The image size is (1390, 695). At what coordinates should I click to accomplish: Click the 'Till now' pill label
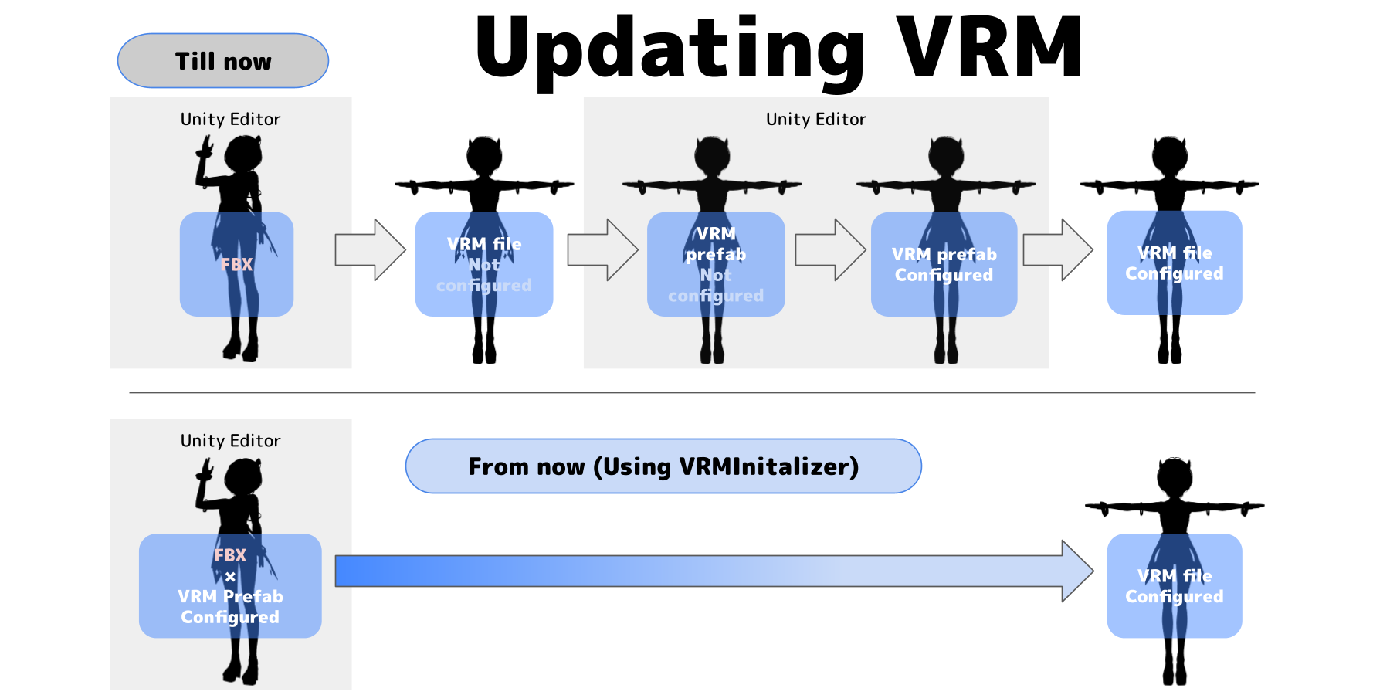[223, 61]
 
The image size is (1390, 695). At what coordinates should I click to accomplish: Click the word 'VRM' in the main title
[989, 48]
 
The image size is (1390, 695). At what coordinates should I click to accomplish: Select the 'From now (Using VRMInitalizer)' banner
[663, 466]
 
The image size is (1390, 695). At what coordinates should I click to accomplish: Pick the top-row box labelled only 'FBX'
[236, 264]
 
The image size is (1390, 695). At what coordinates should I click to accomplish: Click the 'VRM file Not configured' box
[484, 264]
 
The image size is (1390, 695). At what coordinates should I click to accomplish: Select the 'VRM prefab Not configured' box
[716, 264]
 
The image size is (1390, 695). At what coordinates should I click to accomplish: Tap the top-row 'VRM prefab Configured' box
[944, 264]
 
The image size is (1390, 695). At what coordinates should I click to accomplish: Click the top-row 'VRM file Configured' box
[1174, 263]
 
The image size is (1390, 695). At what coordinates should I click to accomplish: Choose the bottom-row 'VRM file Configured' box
[1174, 585]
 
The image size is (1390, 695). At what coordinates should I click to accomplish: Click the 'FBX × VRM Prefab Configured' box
[230, 585]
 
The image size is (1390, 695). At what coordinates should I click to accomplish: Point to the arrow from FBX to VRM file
[370, 249]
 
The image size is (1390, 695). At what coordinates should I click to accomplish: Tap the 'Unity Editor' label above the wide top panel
[815, 119]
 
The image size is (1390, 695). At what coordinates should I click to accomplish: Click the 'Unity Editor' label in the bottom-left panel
[230, 440]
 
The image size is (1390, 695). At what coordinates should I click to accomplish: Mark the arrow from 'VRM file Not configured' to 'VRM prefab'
[602, 249]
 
